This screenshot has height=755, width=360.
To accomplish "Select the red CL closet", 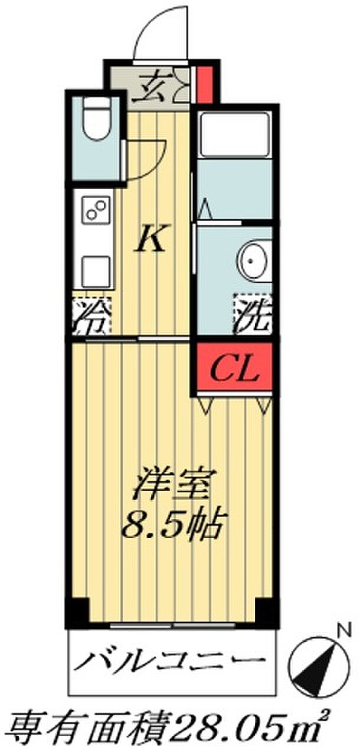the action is (234, 367).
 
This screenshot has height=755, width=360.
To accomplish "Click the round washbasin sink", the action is (254, 260).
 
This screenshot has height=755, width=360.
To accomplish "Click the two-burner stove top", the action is (96, 209).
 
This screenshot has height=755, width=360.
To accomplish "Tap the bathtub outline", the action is (234, 135).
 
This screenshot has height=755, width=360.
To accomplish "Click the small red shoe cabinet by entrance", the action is (205, 84).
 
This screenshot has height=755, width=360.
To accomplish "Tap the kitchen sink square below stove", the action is (96, 271).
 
